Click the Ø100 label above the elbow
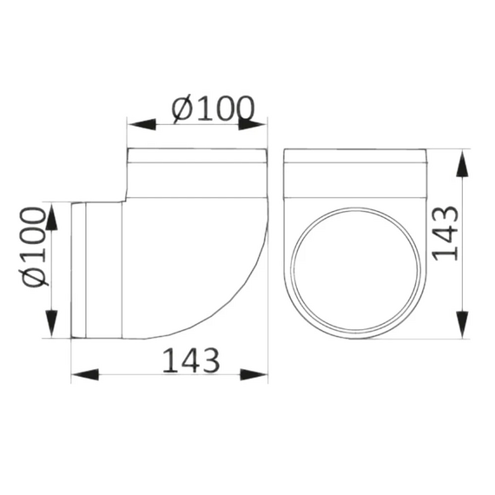[214, 109]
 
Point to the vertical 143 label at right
[445, 232]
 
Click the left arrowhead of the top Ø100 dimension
[142, 124]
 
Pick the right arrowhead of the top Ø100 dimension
[254, 124]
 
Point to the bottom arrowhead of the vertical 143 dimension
[461, 325]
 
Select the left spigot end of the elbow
[78, 270]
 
